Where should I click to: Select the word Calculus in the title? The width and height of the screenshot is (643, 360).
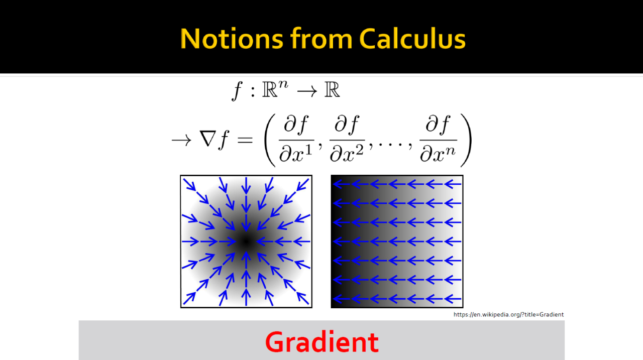412,39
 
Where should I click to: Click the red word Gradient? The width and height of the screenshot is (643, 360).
322,341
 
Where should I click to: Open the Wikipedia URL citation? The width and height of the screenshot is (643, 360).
508,314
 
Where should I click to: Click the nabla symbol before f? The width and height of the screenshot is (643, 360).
208,140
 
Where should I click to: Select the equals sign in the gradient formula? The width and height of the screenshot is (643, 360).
245,140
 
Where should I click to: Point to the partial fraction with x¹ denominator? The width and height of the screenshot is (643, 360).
296,139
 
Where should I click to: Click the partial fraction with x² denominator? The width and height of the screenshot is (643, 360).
347,139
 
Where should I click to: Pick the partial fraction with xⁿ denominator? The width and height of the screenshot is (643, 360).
438,139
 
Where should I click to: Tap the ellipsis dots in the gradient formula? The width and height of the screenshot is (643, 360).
391,145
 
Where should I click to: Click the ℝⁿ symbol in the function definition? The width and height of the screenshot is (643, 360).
275,89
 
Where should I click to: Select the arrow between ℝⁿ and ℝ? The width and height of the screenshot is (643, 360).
307,92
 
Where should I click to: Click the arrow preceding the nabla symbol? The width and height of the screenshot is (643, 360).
181,141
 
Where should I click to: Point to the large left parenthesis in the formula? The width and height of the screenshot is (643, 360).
270,140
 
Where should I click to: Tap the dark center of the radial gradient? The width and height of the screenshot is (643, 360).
246,242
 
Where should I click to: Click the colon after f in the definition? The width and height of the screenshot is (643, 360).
253,92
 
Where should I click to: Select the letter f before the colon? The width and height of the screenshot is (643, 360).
238,91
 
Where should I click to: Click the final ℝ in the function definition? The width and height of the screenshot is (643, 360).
332,89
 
